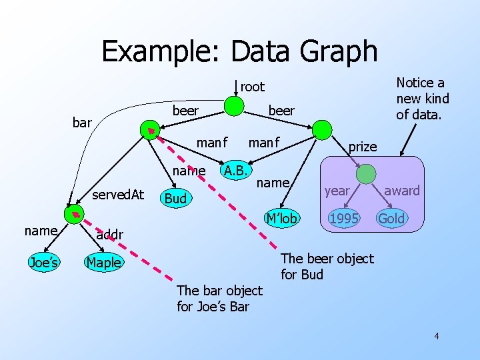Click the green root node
(x=233, y=105)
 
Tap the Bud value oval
(x=175, y=199)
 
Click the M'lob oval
(x=280, y=217)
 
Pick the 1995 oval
(x=343, y=218)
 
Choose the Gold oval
(x=391, y=218)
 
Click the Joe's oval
(x=43, y=262)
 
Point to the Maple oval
(x=103, y=262)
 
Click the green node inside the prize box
(x=365, y=174)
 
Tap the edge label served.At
(x=118, y=195)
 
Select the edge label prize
(x=363, y=147)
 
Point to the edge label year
(x=337, y=191)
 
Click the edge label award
(x=402, y=191)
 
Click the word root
(x=253, y=87)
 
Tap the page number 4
(x=437, y=335)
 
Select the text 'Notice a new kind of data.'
(x=423, y=99)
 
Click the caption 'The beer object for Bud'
(x=327, y=266)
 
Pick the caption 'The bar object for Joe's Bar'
(x=220, y=299)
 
